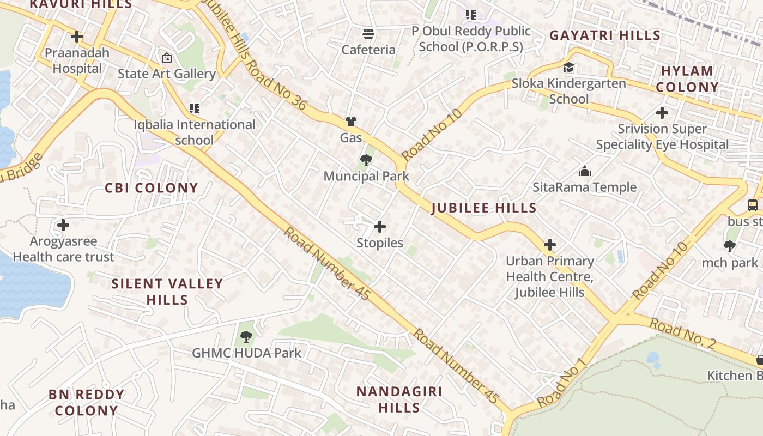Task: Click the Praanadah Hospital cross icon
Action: coord(77,37)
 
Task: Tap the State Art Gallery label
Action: coord(167,74)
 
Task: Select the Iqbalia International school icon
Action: coord(194,108)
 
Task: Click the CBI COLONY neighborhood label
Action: coord(152,188)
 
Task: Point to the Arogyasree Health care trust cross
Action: coord(63,225)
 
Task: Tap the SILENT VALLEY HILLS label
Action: coord(167,292)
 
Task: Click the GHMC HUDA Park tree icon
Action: coord(246,336)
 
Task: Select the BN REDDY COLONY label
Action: coord(86,402)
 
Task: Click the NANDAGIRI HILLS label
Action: coord(399,399)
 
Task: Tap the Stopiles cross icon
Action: coord(380,227)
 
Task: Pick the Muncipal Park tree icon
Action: coord(366,160)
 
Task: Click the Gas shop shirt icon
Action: coord(351,121)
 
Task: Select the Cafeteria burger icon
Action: coord(368,33)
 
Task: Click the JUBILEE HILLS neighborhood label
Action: coord(484,208)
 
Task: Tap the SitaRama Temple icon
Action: coord(585,171)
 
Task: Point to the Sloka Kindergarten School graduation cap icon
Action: coord(568,68)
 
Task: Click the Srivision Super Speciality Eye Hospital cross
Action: coord(662,113)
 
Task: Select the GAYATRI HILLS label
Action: coord(605,35)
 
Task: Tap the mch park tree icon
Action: coord(730,246)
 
